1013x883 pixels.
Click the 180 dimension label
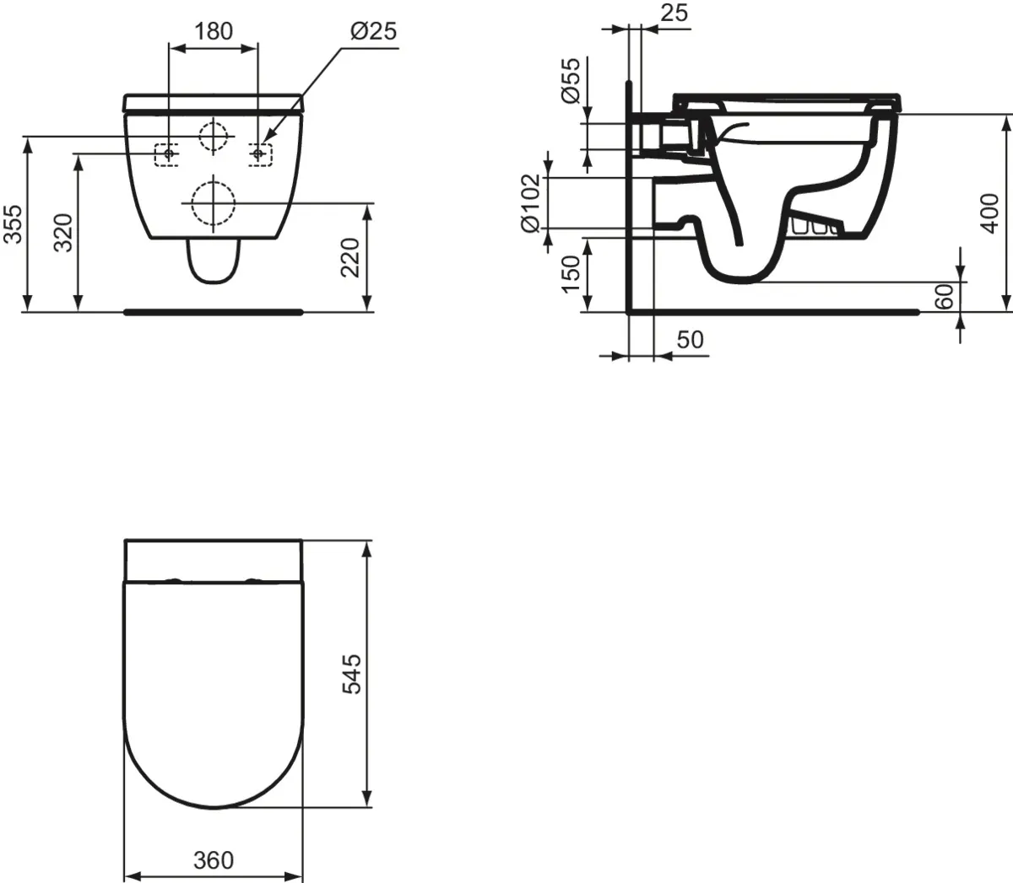pyautogui.click(x=214, y=31)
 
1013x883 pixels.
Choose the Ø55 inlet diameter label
pyautogui.click(x=572, y=81)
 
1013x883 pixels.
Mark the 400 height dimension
pyautogui.click(x=991, y=213)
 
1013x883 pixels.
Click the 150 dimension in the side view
pyautogui.click(x=572, y=274)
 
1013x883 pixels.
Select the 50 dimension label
pyautogui.click(x=690, y=339)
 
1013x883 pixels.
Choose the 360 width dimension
pyautogui.click(x=213, y=860)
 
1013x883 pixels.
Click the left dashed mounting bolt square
pyautogui.click(x=167, y=154)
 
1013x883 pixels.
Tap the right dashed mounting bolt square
pyautogui.click(x=259, y=154)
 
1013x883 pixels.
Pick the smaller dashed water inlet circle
pyautogui.click(x=214, y=135)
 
